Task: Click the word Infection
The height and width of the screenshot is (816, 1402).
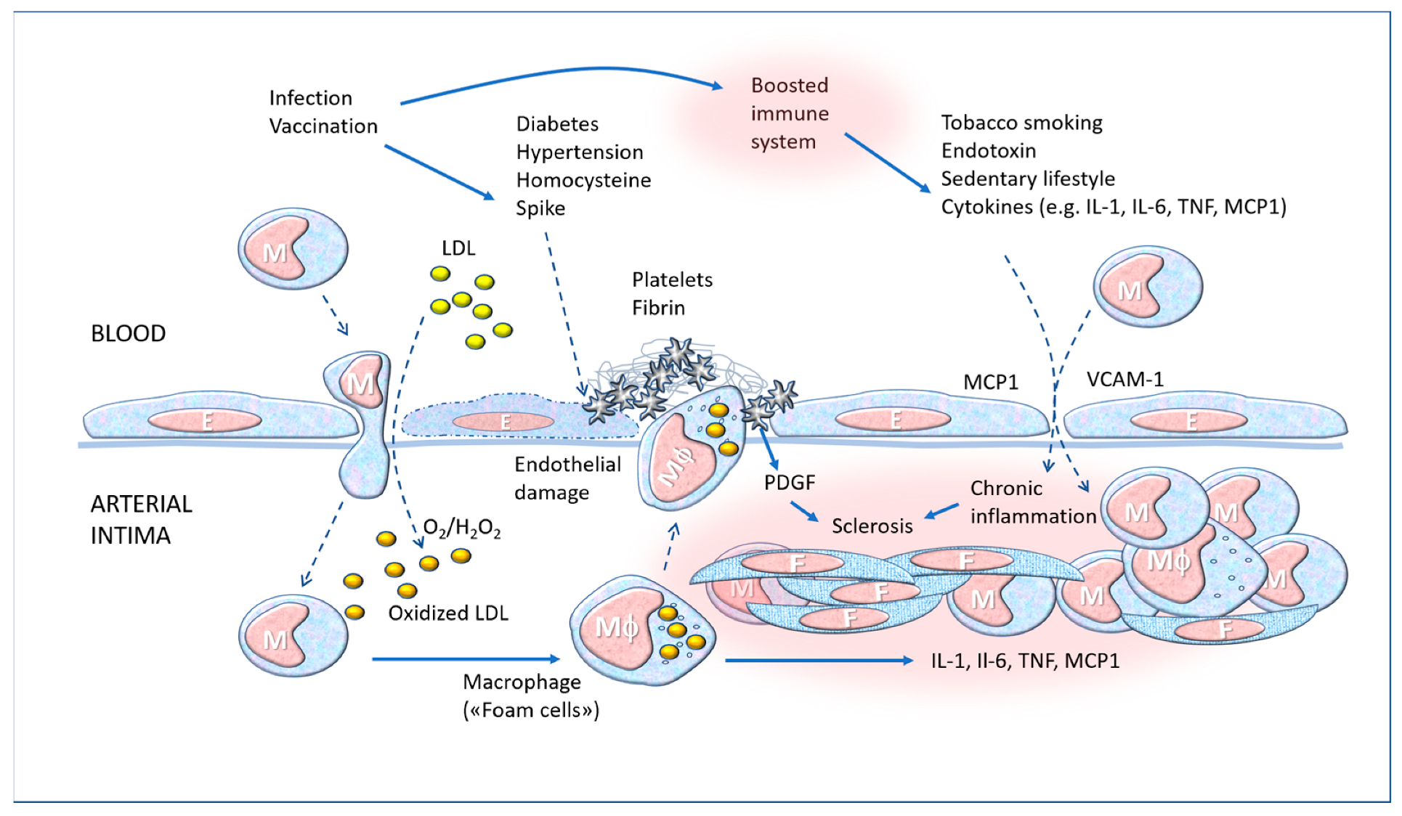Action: [310, 98]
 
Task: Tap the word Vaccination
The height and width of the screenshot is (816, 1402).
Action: [323, 126]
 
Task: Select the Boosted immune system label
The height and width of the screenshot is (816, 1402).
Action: [790, 114]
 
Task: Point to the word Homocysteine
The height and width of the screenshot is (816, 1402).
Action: [583, 180]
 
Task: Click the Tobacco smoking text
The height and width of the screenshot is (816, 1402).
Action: [1021, 123]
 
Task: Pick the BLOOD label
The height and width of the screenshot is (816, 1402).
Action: [128, 333]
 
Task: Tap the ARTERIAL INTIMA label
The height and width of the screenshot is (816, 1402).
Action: [141, 519]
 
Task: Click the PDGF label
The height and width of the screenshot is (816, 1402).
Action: [789, 482]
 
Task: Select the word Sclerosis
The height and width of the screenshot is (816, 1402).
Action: [872, 526]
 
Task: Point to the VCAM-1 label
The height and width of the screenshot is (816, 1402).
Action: [1125, 379]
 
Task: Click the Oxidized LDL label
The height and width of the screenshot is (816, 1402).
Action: [447, 613]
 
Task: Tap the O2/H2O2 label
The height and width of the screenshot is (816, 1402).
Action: [461, 529]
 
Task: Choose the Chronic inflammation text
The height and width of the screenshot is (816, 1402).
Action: [1032, 502]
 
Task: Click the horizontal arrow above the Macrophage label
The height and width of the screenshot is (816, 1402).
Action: [465, 658]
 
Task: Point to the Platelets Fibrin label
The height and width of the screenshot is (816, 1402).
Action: [671, 294]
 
